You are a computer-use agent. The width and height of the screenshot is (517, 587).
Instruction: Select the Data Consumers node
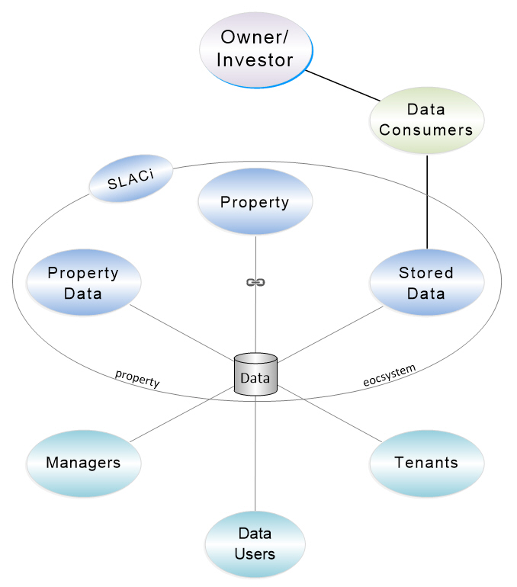(426, 120)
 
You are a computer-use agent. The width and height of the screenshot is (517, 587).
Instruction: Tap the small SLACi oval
(130, 178)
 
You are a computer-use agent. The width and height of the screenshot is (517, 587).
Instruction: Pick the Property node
(255, 202)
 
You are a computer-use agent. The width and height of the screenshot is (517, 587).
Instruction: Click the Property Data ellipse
(83, 282)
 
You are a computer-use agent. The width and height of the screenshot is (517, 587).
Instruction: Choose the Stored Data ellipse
(426, 282)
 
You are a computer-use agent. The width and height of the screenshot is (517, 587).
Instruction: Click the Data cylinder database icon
(255, 375)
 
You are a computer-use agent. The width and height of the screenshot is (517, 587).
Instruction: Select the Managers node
(83, 463)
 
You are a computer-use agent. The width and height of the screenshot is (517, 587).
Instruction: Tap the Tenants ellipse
(426, 463)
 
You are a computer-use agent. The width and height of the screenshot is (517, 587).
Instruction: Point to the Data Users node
(255, 544)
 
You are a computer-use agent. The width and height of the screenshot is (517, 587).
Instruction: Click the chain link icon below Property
(255, 282)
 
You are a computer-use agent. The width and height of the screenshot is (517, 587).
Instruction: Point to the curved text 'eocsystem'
(389, 375)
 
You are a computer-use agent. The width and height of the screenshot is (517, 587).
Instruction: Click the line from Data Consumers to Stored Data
(426, 202)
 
